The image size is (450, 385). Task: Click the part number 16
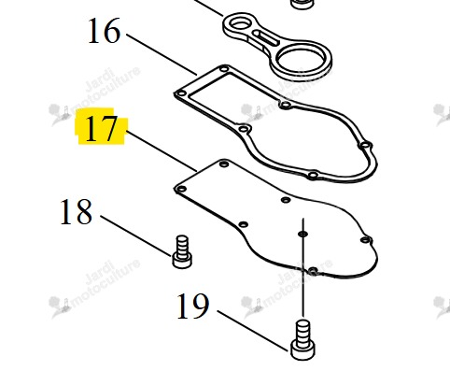point(104,31)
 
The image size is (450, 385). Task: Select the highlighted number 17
point(101,128)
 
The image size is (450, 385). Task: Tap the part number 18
point(76,212)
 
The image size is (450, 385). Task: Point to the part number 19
point(192,307)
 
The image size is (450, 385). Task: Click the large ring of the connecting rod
point(302,60)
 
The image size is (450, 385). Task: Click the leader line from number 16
point(162,54)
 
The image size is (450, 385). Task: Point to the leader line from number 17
point(162,151)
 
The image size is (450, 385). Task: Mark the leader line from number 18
point(136,235)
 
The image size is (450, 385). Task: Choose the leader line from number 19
point(253,331)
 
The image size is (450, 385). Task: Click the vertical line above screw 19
point(303,268)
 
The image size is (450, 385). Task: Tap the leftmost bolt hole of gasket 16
point(181,93)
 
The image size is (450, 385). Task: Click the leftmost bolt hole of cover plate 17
point(181,189)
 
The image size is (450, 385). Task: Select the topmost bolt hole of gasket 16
point(224,68)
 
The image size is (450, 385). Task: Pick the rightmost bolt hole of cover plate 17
point(366,240)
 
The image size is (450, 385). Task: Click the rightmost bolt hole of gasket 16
point(366,145)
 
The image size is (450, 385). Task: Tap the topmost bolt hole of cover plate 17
point(224,164)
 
